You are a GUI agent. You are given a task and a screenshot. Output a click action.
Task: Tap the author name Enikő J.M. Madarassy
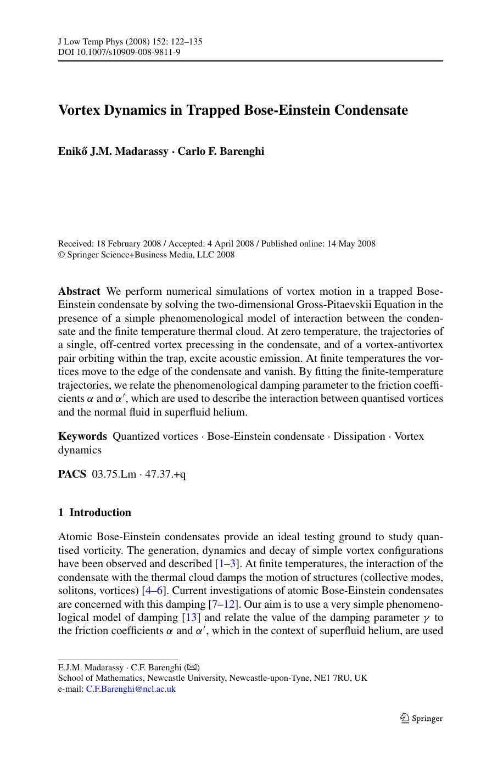point(113,151)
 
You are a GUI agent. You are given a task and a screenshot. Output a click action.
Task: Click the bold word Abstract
point(79,292)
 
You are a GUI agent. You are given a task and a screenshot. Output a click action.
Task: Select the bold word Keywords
point(82,436)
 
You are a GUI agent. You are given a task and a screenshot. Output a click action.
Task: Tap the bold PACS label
point(72,474)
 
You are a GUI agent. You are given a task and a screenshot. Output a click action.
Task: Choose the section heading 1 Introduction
point(94,513)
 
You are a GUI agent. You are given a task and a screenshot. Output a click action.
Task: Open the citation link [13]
point(187,618)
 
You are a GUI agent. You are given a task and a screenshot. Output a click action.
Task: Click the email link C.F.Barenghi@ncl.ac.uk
point(131,689)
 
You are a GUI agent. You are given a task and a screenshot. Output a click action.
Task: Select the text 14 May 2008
point(351,244)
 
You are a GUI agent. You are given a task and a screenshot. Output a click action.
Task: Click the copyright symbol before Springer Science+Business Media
point(62,255)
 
